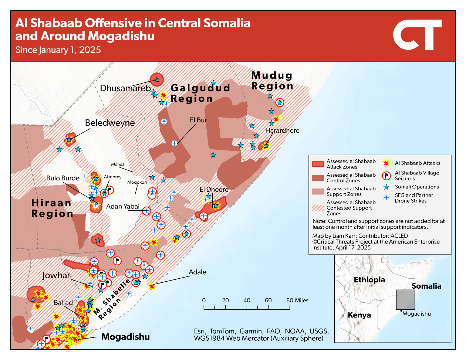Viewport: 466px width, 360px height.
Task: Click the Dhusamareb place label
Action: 125,88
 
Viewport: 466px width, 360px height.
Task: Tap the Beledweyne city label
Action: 110,123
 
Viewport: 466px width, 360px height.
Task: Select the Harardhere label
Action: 282,130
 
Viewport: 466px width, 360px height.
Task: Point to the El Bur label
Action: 198,120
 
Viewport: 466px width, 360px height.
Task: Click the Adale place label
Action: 197,272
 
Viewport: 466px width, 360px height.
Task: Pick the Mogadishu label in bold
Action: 125,337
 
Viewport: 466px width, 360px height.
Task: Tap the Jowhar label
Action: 56,275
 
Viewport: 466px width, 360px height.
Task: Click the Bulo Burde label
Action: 63,178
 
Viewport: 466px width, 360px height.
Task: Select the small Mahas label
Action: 118,164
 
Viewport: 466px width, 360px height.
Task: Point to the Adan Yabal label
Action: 123,206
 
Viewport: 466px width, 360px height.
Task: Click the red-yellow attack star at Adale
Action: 152,286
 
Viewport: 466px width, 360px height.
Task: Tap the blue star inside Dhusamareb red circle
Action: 157,79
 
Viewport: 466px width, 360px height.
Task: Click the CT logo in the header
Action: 417,35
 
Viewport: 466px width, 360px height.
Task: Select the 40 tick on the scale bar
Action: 247,300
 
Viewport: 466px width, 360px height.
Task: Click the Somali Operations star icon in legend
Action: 386,187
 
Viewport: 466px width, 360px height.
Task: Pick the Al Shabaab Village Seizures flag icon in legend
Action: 386,176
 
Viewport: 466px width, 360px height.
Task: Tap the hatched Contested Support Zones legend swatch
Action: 318,208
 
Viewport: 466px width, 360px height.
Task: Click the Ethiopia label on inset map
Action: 369,280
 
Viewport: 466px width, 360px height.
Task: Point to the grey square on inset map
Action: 405,299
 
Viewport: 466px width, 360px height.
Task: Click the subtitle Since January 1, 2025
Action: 58,50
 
